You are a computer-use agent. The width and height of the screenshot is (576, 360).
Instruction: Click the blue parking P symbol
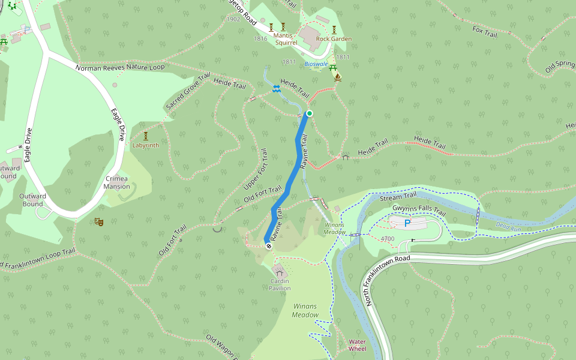(x=407, y=223)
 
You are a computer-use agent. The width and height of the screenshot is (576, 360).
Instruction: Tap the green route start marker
(x=310, y=113)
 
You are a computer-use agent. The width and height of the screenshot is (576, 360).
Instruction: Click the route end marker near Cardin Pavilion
(x=268, y=245)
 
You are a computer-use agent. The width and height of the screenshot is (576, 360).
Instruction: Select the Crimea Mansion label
(x=116, y=182)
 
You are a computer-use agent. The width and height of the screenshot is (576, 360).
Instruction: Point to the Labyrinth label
(x=146, y=145)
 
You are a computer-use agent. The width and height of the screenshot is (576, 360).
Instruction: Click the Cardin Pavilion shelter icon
(x=279, y=274)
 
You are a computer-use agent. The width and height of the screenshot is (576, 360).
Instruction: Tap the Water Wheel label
(x=357, y=345)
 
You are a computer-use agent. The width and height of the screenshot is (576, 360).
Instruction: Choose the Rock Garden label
(x=334, y=39)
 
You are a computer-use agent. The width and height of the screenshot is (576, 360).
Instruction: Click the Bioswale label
(x=316, y=63)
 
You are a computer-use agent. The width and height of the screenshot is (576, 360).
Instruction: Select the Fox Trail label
(x=485, y=31)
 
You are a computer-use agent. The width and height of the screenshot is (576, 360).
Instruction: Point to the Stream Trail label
(x=398, y=196)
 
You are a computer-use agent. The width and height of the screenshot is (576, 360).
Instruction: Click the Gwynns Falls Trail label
(x=419, y=211)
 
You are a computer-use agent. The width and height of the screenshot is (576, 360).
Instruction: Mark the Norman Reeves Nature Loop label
(x=120, y=67)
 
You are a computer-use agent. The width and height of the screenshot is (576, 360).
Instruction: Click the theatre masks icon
(x=99, y=222)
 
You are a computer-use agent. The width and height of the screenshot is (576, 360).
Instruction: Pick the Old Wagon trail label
(x=223, y=347)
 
